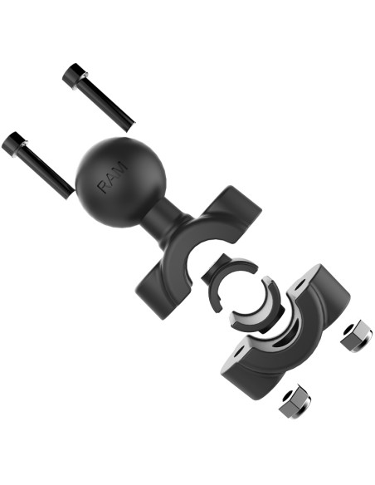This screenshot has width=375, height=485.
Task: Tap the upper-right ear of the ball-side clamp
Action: (x=237, y=208)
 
